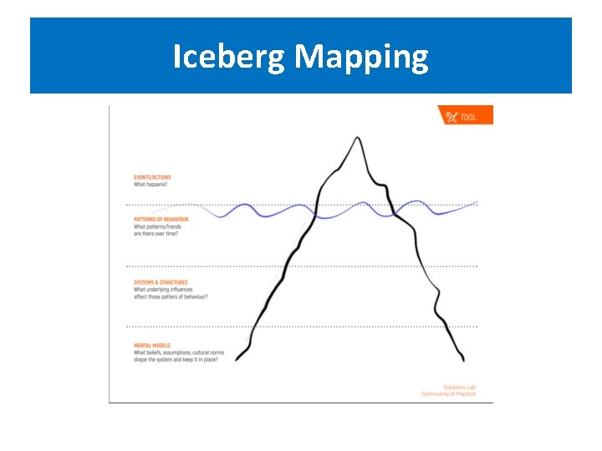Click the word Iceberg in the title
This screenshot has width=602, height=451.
coord(230,57)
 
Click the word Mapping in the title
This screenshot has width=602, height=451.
coord(361,57)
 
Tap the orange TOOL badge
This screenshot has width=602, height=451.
coord(466,116)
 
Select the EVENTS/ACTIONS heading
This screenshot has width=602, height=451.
coord(152,178)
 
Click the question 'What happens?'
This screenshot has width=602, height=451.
coord(150,185)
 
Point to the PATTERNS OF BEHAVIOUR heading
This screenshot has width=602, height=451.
coord(161,220)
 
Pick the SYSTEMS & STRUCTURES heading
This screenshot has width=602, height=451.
coord(161,282)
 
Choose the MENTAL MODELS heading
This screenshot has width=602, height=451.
coord(151,345)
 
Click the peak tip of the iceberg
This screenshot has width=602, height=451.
coord(360,137)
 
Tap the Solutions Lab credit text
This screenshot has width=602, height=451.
coord(459,388)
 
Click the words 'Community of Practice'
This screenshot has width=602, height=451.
coord(448,394)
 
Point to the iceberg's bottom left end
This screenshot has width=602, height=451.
coord(237,360)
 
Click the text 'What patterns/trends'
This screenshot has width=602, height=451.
coord(157,227)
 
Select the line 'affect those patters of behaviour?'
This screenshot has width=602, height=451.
coord(171,296)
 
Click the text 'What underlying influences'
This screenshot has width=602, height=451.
coord(161,290)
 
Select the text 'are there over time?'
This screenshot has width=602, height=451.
coord(156,234)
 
